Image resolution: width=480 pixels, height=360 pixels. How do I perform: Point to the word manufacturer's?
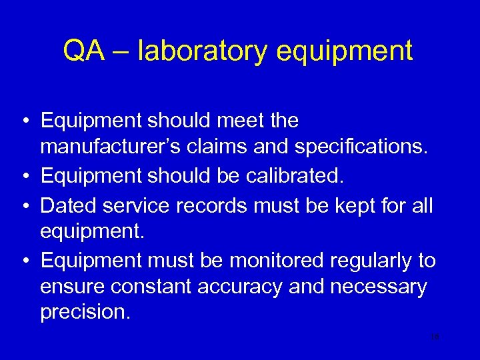pyautogui.click(x=113, y=149)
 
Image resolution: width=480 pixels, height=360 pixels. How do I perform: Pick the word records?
pyautogui.click(x=210, y=205)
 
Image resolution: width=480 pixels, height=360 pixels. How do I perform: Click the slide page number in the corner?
pyautogui.click(x=435, y=337)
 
